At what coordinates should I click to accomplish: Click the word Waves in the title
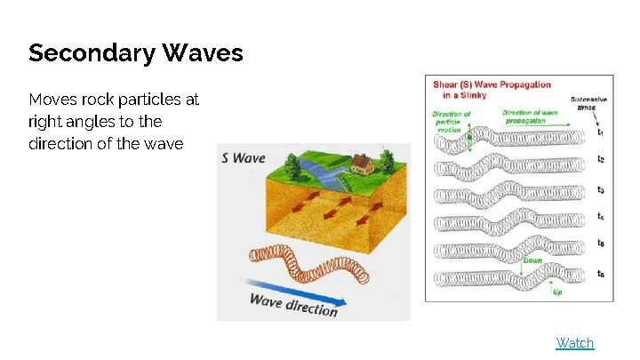(203, 52)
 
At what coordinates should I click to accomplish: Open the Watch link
(574, 343)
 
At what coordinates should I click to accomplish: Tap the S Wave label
(243, 158)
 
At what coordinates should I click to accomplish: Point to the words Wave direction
(293, 304)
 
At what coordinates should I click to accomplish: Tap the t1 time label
(601, 132)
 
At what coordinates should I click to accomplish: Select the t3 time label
(601, 190)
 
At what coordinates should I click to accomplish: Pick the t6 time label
(601, 273)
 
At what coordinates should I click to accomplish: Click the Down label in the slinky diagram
(532, 261)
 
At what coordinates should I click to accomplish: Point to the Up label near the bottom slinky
(557, 292)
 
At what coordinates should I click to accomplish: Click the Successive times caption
(588, 102)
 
